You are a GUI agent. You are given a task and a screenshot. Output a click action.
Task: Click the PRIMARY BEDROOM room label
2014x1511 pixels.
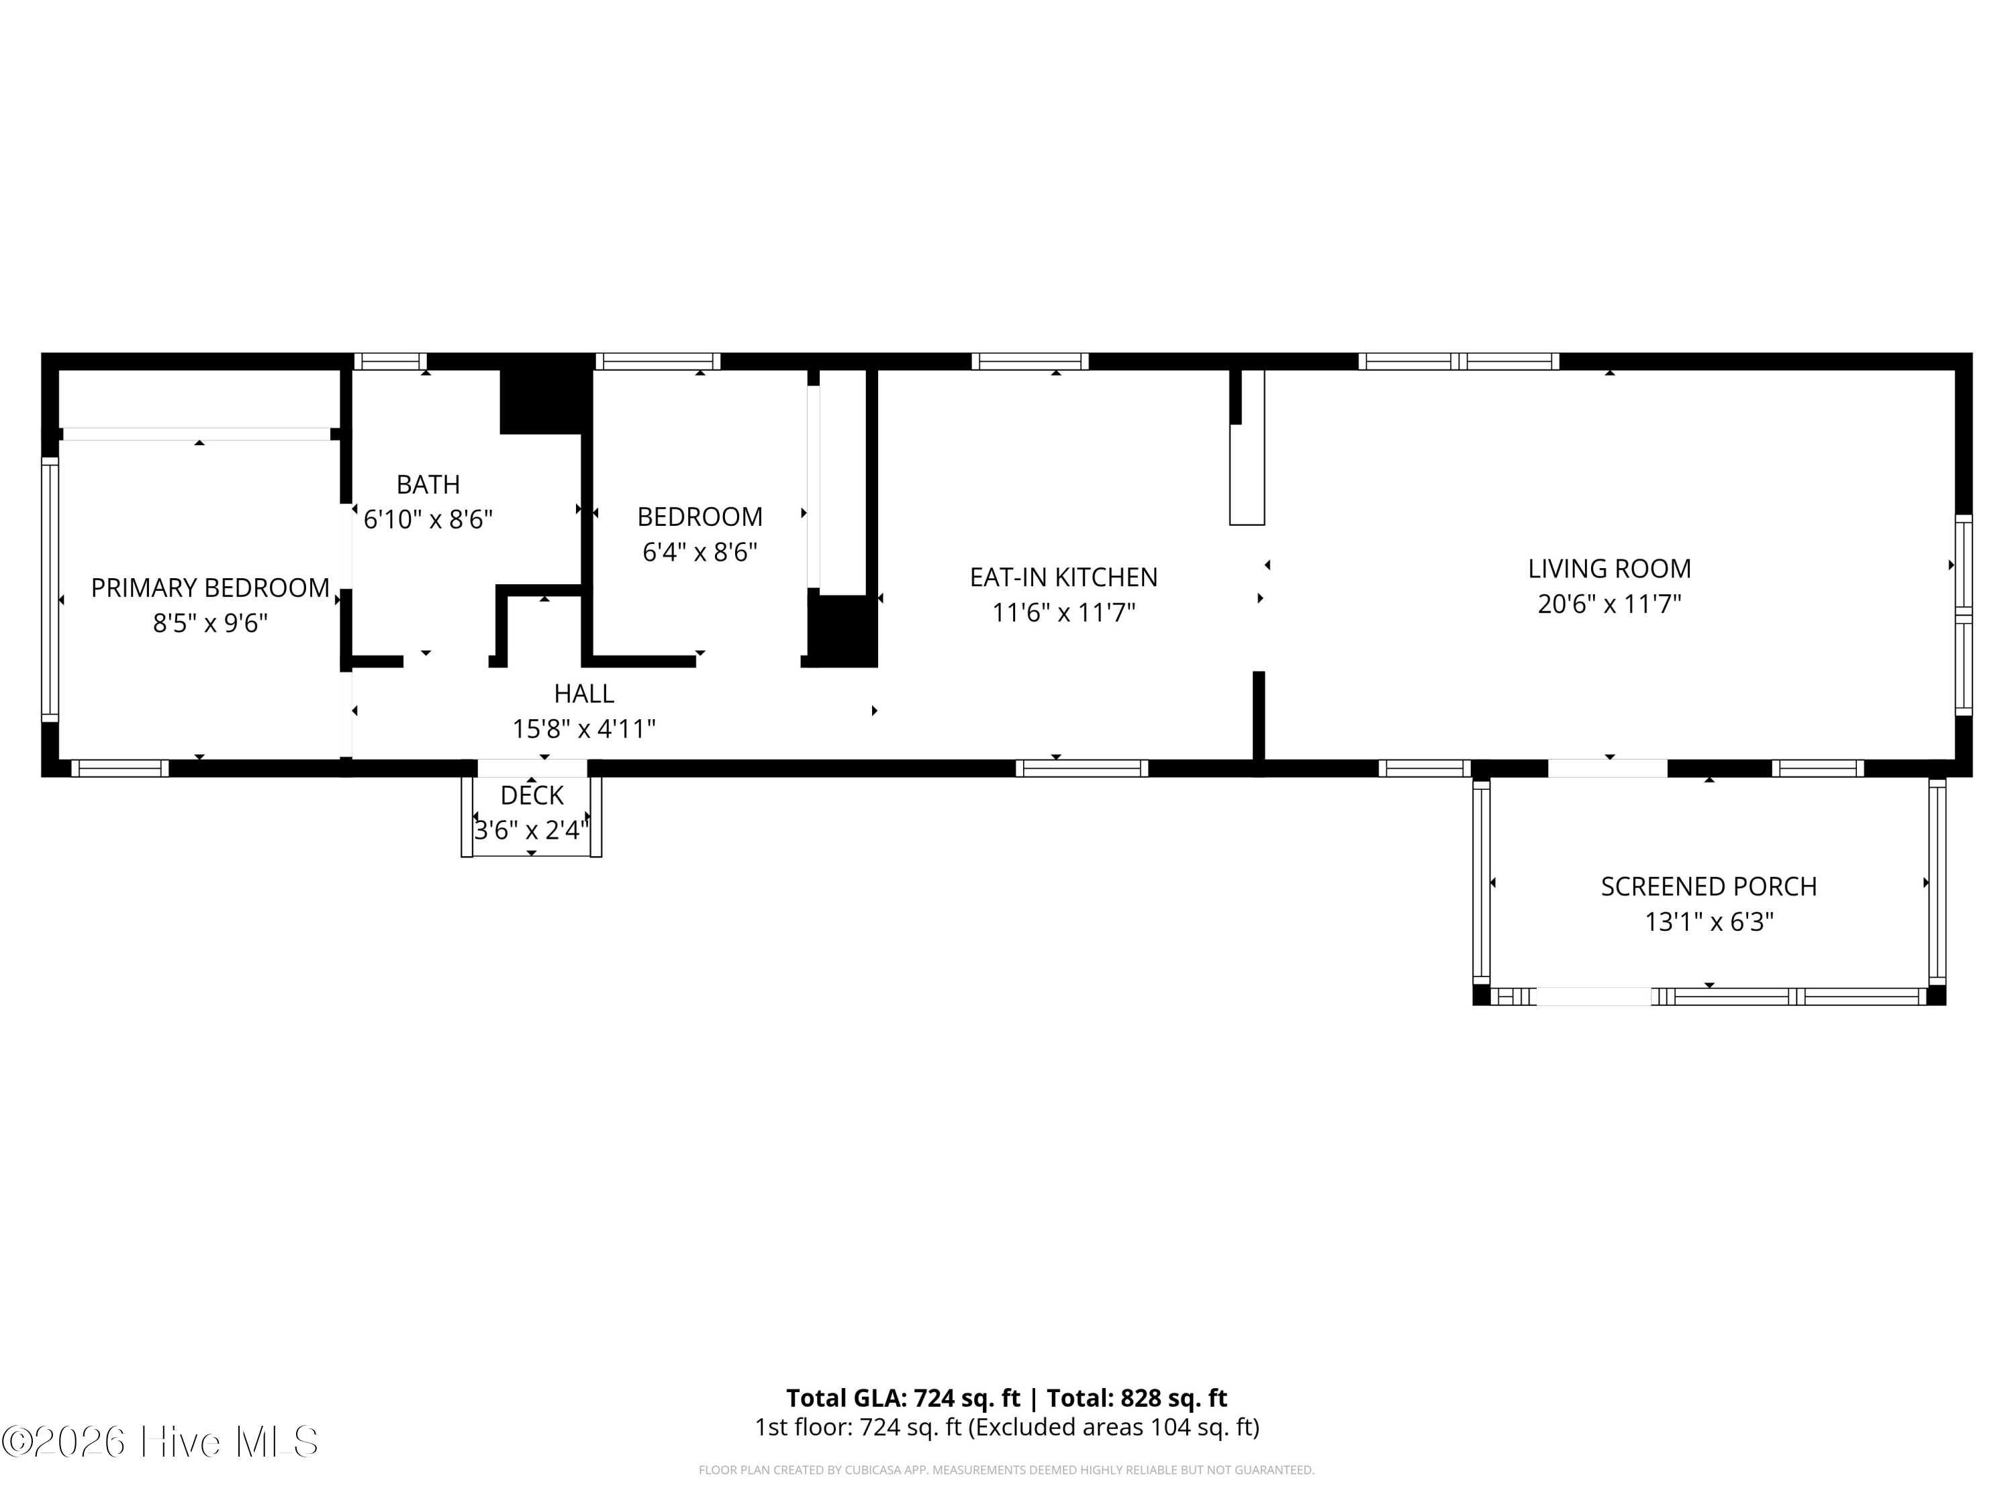[210, 588]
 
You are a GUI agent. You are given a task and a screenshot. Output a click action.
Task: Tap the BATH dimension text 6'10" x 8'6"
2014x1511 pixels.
[428, 519]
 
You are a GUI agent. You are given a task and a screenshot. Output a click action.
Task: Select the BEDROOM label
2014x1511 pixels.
[700, 517]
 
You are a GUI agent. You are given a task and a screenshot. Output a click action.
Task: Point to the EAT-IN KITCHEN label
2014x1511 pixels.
[1063, 578]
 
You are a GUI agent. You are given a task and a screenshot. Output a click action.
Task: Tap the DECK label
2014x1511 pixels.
[532, 796]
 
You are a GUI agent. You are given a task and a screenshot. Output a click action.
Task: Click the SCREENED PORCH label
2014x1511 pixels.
[1709, 887]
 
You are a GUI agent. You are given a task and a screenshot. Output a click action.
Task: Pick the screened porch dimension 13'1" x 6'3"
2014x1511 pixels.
[1709, 923]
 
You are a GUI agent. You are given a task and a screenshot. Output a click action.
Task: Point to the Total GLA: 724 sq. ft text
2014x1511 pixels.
[903, 1398]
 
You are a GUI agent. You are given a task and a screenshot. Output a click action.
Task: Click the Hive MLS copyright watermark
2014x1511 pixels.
[160, 1442]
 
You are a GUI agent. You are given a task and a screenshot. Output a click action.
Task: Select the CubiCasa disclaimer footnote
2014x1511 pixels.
[1006, 1470]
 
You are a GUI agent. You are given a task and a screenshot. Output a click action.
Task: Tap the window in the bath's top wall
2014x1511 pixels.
[389, 361]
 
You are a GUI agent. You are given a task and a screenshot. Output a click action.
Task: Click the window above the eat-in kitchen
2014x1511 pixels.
[1030, 361]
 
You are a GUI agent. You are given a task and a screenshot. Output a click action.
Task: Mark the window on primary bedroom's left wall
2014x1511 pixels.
[50, 589]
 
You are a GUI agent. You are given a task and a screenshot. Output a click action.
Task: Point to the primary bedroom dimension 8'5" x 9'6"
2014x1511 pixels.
[210, 624]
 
